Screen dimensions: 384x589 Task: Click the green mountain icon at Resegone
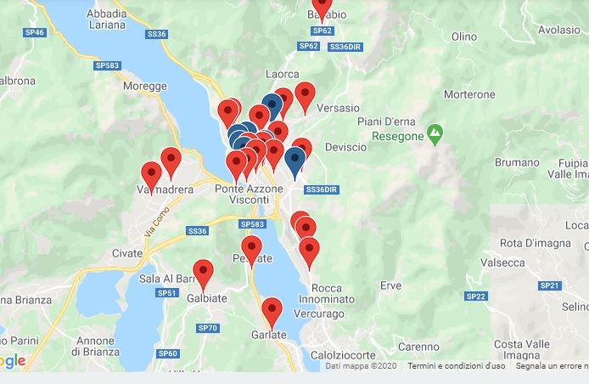pyautogui.click(x=435, y=133)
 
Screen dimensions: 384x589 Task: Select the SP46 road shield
pyautogui.click(x=34, y=32)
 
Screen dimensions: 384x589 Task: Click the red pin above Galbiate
pyautogui.click(x=202, y=273)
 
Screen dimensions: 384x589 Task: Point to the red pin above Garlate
pyautogui.click(x=272, y=311)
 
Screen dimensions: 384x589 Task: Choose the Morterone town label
pyautogui.click(x=469, y=93)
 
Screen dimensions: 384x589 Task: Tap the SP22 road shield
pyautogui.click(x=475, y=296)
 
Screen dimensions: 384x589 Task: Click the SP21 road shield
pyautogui.click(x=550, y=285)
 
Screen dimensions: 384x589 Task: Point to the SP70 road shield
pyautogui.click(x=207, y=328)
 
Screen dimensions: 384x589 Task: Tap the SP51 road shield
pyautogui.click(x=167, y=293)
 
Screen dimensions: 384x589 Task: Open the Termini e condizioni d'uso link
pyautogui.click(x=456, y=366)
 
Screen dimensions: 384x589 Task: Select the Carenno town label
pyautogui.click(x=419, y=347)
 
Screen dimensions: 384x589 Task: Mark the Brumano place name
pyautogui.click(x=517, y=161)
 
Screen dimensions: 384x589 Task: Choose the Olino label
pyautogui.click(x=464, y=37)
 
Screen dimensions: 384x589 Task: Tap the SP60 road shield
pyautogui.click(x=168, y=353)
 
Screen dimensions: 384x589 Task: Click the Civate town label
pyautogui.click(x=127, y=253)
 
